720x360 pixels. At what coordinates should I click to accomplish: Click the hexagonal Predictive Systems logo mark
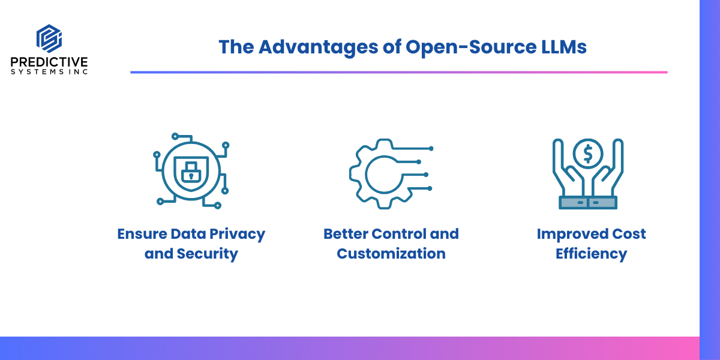49,38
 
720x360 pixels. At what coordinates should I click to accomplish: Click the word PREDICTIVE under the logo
49,62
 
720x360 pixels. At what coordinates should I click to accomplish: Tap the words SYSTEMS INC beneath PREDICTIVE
49,71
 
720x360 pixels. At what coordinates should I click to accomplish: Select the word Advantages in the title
318,47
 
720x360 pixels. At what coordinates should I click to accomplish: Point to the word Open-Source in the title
471,47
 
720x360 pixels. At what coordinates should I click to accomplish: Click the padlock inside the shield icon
191,173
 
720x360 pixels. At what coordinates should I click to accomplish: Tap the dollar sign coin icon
588,154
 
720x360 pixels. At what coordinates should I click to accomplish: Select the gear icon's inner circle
366,175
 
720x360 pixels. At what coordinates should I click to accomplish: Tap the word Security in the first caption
208,254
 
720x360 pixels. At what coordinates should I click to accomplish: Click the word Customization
391,254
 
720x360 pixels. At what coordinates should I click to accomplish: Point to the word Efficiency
592,254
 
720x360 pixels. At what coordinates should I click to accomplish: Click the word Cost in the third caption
629,233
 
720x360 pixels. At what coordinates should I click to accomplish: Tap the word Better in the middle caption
346,233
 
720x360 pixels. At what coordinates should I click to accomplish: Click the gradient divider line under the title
399,73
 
